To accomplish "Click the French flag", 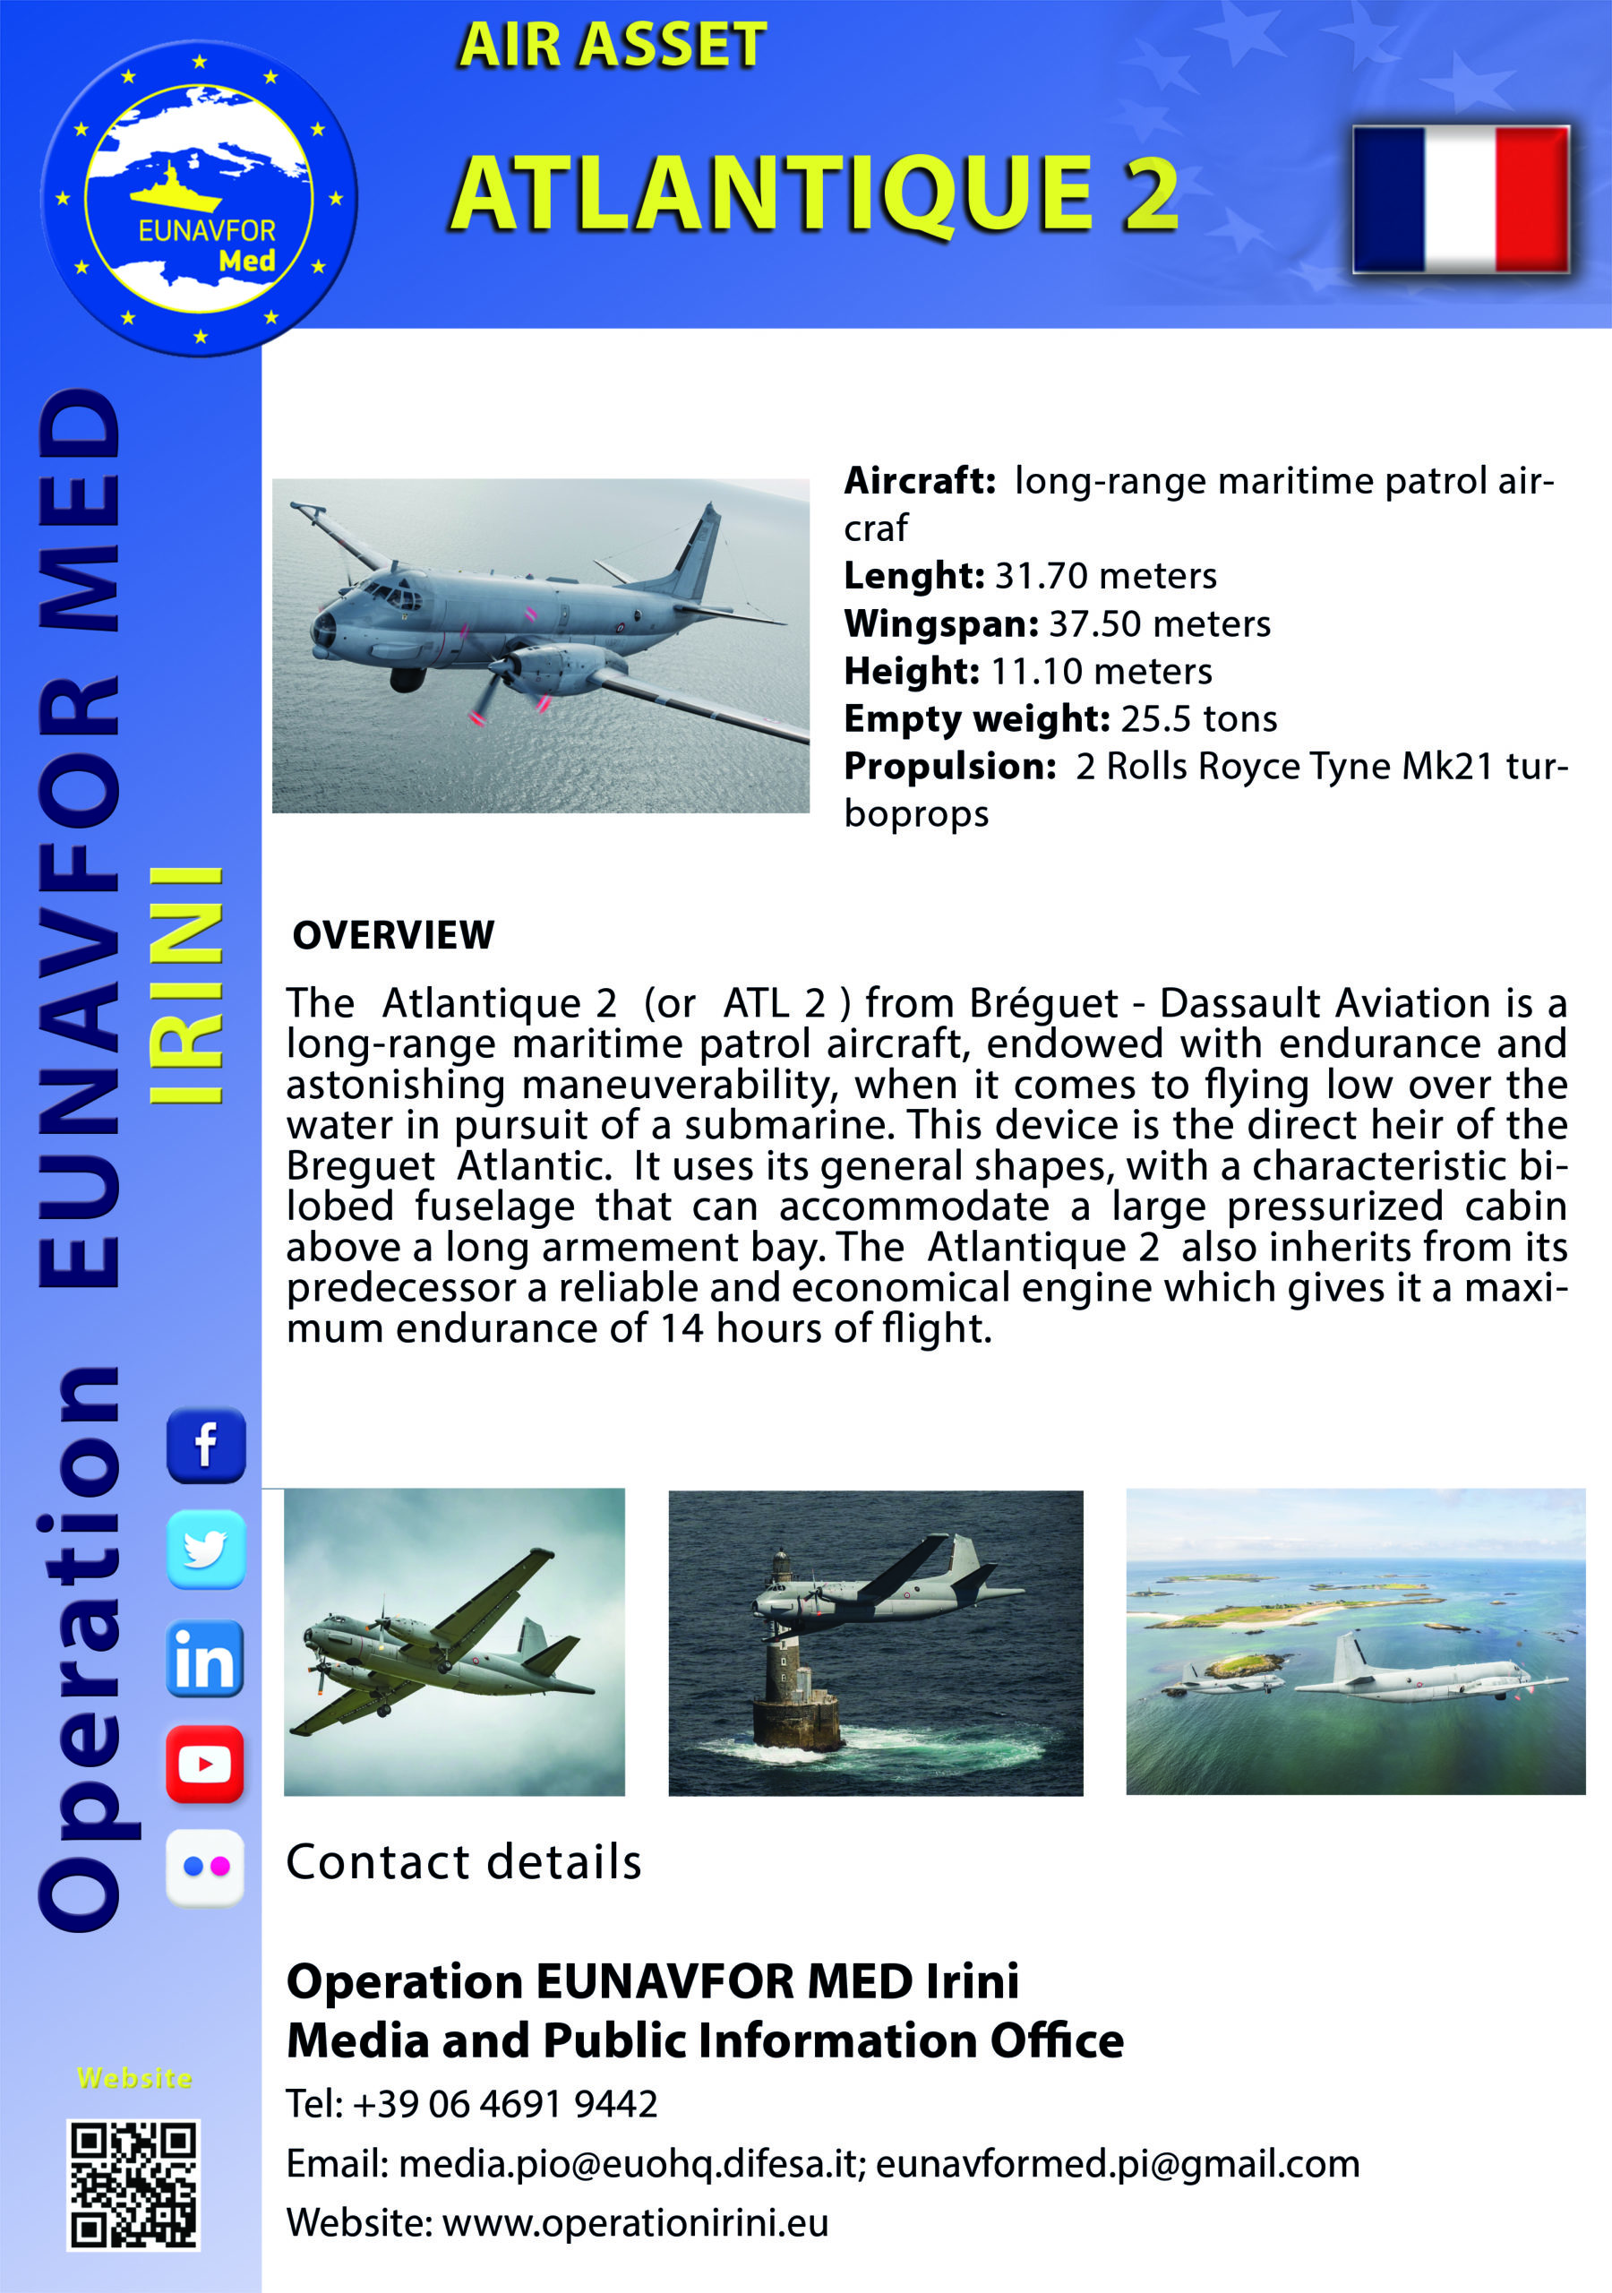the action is pos(1462,199).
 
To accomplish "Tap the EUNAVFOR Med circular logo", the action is pos(199,198).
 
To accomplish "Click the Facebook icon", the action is pos(206,1444).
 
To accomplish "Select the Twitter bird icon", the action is pos(206,1549).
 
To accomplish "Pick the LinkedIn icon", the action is pos(205,1659).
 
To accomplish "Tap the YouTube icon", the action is pos(205,1765).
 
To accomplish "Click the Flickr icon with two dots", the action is pos(205,1868).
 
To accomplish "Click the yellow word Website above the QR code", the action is pos(135,2078).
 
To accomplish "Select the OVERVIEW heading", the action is pos(393,935).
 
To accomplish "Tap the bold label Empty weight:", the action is pos(977,718).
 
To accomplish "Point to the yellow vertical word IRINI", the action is pos(185,984).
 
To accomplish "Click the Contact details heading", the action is pos(463,1862).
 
